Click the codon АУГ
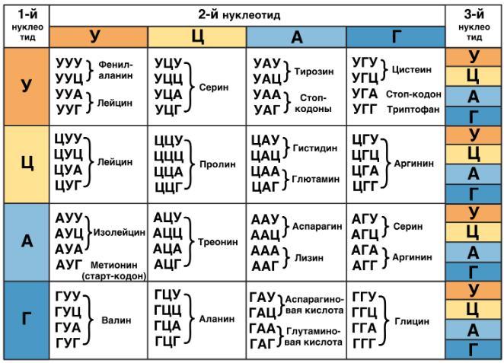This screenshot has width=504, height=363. [69, 265]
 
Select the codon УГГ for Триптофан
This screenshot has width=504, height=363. [365, 110]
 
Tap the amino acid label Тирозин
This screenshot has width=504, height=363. [314, 72]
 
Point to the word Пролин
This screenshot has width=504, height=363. [218, 164]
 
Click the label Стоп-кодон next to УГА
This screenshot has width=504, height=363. [413, 94]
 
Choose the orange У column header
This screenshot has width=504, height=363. [99, 37]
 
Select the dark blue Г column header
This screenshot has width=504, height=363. [396, 37]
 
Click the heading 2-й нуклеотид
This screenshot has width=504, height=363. [239, 15]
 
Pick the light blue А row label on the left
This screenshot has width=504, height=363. [27, 242]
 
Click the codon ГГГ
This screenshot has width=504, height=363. [365, 344]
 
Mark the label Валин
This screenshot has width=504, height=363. [116, 320]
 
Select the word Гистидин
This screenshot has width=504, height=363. [315, 148]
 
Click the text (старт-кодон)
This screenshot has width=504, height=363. [114, 276]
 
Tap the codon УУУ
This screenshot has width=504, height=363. [69, 63]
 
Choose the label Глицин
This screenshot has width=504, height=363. [412, 321]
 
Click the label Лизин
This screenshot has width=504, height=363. [309, 258]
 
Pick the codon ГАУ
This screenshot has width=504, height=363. [263, 298]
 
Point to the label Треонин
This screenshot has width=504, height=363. [218, 242]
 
